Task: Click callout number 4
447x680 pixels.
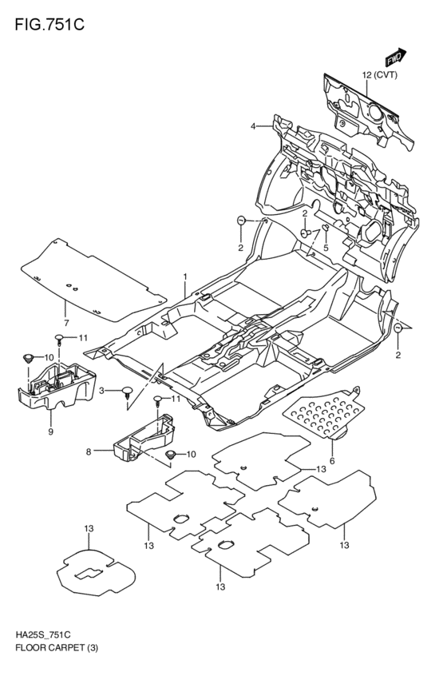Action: pos(253,127)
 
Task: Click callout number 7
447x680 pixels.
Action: pos(67,323)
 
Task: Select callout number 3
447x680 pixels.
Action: pos(102,389)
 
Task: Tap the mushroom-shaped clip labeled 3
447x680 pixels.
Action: pos(126,392)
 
